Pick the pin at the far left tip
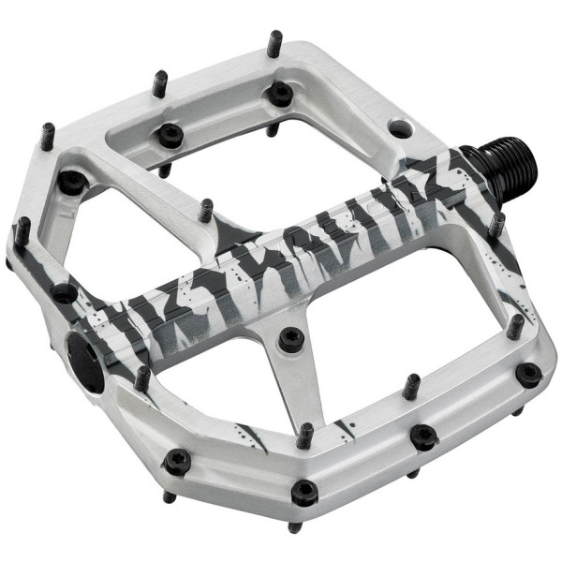(22, 229)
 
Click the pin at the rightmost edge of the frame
(515, 325)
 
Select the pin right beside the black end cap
(142, 377)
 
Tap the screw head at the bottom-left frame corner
(176, 460)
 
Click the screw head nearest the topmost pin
(278, 93)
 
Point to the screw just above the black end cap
(65, 293)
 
